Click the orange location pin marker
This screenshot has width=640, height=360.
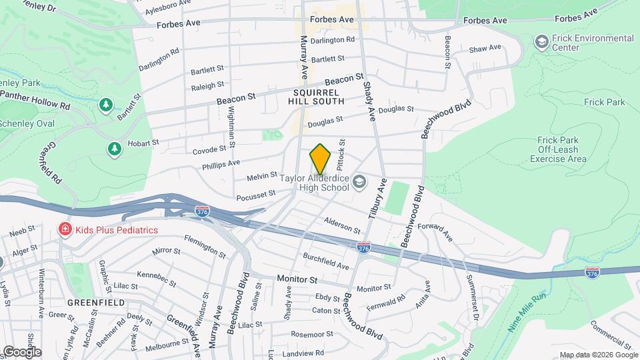click(x=321, y=159)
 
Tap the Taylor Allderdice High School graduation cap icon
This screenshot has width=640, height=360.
click(x=359, y=181)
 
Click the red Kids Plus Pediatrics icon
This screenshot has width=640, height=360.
click(x=65, y=230)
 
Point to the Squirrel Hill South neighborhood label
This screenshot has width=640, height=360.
click(x=316, y=97)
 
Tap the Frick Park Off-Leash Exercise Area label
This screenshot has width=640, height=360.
click(x=562, y=149)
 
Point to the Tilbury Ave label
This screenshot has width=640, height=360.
click(x=376, y=198)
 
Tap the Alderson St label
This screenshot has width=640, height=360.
click(x=341, y=225)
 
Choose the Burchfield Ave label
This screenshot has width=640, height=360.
click(x=325, y=261)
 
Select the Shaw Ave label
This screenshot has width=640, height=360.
click(x=485, y=49)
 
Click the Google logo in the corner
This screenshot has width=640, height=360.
click(x=21, y=351)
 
